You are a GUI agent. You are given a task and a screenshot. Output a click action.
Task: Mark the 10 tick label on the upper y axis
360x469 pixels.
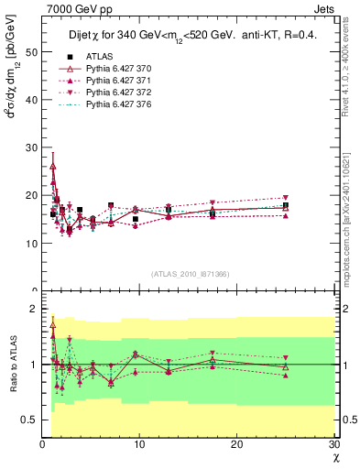(32, 244)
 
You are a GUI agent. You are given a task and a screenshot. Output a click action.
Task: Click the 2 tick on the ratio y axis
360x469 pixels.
(35, 309)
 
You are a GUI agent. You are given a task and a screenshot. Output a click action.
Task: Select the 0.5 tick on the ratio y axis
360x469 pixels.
(32, 420)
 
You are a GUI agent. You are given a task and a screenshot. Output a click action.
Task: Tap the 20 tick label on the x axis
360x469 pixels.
(237, 444)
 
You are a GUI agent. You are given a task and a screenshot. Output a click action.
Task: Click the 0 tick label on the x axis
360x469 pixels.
(42, 444)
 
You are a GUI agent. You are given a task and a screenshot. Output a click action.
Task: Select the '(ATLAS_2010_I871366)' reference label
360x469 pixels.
(190, 274)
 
